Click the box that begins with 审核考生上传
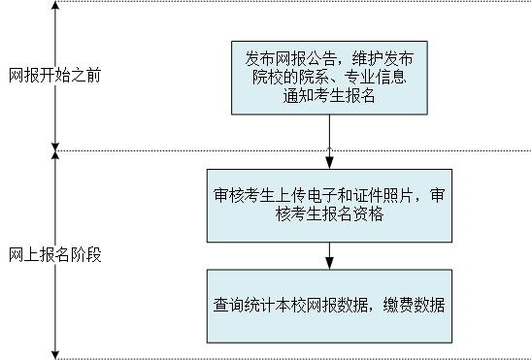[330, 206]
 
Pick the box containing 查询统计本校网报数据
[330, 305]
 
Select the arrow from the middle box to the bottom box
[330, 255]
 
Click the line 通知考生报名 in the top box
[330, 95]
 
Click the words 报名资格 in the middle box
[355, 215]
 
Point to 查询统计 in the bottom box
[243, 304]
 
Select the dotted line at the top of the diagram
[291, 2]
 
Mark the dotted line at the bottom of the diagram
[291, 358]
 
